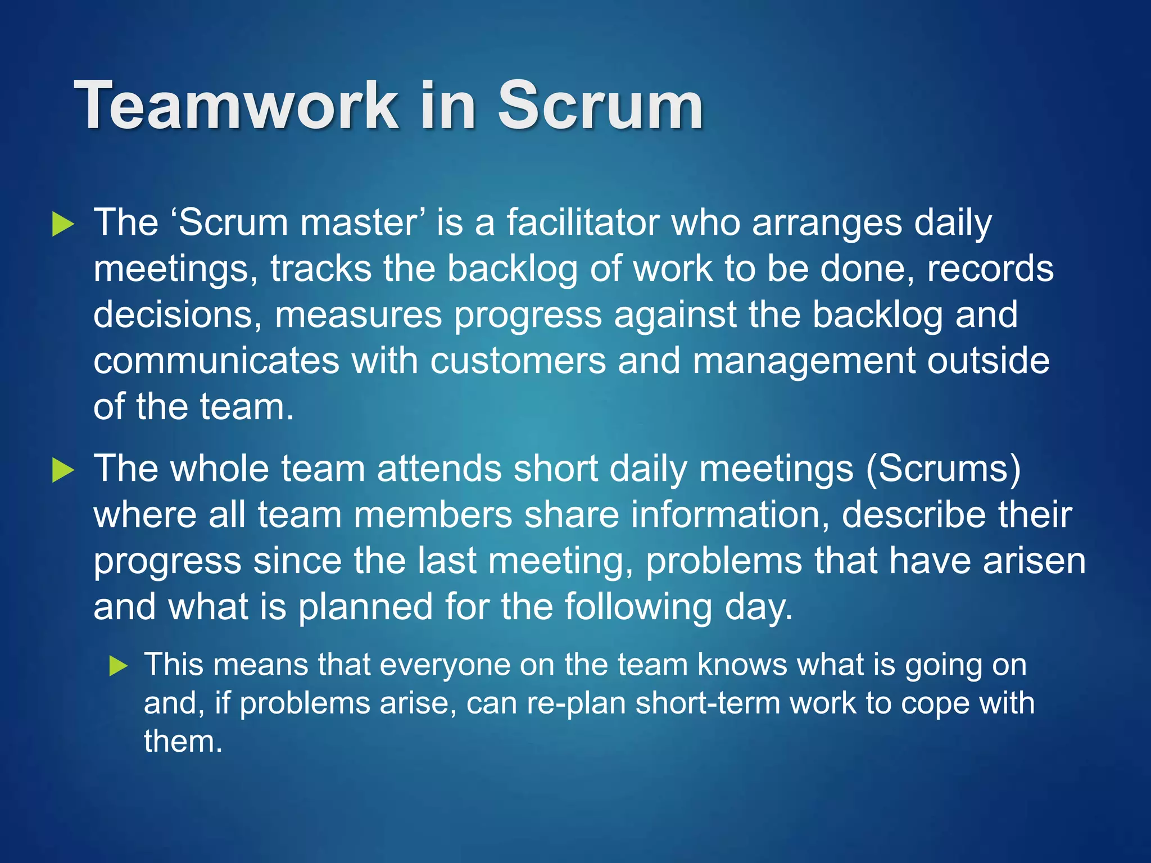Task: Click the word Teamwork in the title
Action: click(x=236, y=105)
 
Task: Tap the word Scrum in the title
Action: click(x=600, y=105)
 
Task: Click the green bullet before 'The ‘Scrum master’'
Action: click(x=63, y=224)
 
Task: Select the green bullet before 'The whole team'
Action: click(x=63, y=470)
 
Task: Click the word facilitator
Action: click(x=583, y=222)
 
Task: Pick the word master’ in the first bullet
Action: click(x=362, y=222)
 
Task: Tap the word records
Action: click(x=990, y=269)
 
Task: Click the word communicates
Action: click(x=216, y=361)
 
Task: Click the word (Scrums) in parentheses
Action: click(x=943, y=469)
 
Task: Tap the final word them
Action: click(x=183, y=742)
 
